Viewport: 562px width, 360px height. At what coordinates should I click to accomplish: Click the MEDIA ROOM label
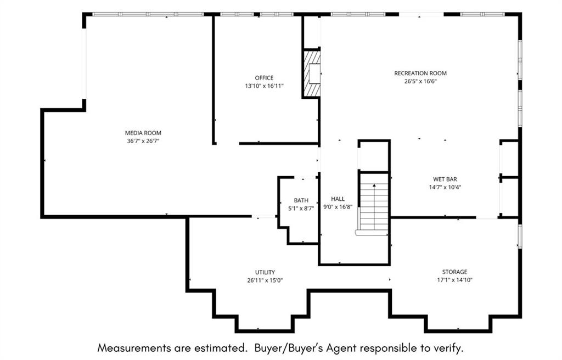(x=143, y=133)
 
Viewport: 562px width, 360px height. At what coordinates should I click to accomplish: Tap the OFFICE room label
(x=264, y=78)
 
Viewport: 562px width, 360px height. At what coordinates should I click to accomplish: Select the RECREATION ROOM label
(x=420, y=73)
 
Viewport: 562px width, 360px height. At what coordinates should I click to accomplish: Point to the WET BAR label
(x=445, y=179)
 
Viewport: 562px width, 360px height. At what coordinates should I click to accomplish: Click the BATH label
(x=301, y=200)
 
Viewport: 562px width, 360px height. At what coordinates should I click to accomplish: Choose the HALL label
(x=338, y=199)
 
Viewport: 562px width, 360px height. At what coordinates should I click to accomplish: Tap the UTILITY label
(x=265, y=273)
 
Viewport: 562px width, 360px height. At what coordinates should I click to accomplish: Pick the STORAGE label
(x=454, y=272)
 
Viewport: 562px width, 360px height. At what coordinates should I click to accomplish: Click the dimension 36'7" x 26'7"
(x=143, y=141)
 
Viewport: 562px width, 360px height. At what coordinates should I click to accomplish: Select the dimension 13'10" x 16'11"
(x=264, y=86)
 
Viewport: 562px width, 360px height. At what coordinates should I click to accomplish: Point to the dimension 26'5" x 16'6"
(x=420, y=81)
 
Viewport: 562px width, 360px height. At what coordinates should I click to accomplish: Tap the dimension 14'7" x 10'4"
(x=445, y=187)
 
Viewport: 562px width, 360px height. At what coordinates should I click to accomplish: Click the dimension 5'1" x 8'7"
(x=301, y=209)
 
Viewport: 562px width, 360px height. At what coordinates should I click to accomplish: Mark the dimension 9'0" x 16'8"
(x=338, y=207)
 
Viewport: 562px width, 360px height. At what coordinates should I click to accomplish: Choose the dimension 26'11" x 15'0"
(x=265, y=280)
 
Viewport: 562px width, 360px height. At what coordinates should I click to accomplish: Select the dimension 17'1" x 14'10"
(x=454, y=280)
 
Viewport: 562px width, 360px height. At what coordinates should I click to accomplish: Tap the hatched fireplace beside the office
(x=312, y=73)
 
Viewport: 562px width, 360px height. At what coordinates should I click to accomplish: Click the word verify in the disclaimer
(x=447, y=348)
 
